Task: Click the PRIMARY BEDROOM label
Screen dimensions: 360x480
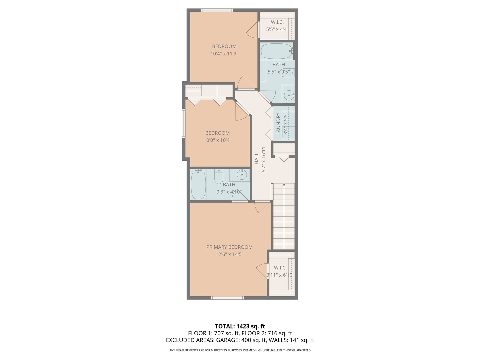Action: tap(229, 247)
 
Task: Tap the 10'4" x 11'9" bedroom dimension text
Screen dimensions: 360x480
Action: tap(224, 54)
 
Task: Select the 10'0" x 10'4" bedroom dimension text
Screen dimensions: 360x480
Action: tap(217, 140)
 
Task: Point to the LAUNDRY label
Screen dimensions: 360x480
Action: tap(278, 124)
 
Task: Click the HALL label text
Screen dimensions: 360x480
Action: tap(256, 158)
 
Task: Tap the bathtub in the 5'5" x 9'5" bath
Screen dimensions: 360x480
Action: tap(276, 51)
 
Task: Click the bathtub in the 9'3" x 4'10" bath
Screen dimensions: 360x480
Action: tap(198, 185)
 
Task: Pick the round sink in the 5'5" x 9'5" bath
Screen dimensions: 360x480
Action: tap(289, 96)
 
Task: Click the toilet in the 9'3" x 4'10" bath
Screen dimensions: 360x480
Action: tap(219, 177)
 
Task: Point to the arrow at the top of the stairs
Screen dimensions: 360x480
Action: tap(284, 184)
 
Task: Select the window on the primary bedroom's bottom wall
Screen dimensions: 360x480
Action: tap(228, 298)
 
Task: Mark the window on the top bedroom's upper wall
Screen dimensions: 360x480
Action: tap(217, 10)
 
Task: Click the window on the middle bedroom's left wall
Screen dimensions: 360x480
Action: tap(184, 123)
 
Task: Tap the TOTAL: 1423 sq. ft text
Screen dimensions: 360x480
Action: tap(240, 326)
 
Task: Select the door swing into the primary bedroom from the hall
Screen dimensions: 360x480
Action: tap(262, 207)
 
